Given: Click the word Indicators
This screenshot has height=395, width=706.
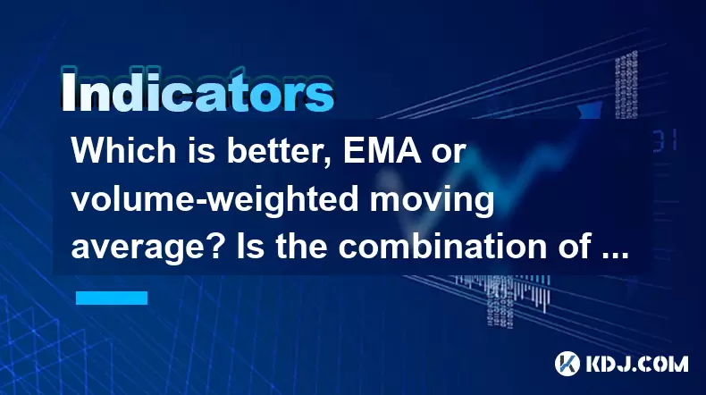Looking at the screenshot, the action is pos(198,91).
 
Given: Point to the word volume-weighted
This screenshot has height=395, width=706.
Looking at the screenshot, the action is pos(214,201).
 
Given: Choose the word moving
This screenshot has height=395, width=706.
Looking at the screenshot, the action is pos(432,201).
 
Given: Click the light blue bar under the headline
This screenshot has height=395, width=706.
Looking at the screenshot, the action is pos(112,298).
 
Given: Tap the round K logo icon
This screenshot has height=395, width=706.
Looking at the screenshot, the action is pos(567,364).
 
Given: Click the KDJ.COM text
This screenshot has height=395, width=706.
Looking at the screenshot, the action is pos(636,364).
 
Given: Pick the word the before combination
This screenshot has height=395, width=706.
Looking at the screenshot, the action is pos(301,247).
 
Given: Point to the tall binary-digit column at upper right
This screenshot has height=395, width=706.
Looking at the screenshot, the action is pos(626,85).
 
